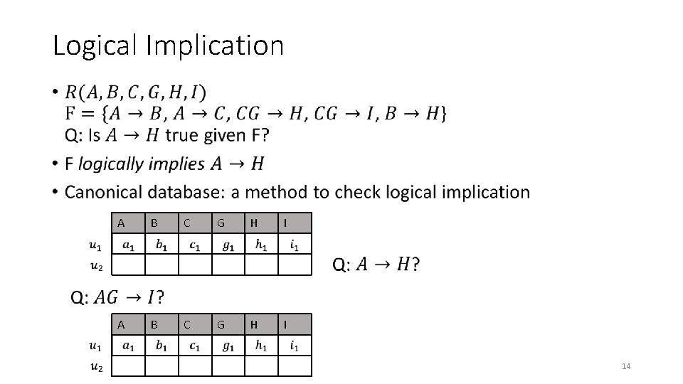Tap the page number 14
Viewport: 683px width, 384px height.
[626, 366]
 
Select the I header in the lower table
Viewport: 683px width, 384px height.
[285, 324]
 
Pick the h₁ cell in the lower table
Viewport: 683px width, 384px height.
[261, 346]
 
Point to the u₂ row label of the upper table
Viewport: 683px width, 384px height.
[95, 267]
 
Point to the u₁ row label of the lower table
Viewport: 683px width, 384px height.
[95, 346]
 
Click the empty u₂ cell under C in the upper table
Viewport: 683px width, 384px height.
[195, 265]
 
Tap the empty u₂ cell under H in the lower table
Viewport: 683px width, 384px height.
[261, 366]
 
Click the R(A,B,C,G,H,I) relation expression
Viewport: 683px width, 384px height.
[135, 92]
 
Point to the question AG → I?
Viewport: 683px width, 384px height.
[117, 295]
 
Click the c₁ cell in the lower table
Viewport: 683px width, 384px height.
[194, 346]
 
